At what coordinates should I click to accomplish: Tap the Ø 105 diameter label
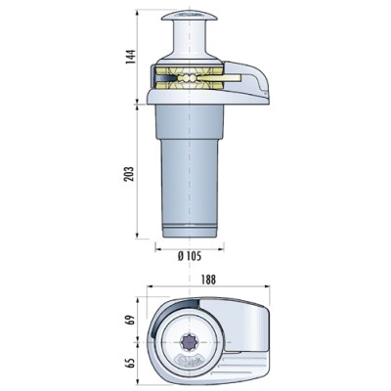coord(192,256)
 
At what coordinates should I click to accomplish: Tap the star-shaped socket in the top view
coord(193,344)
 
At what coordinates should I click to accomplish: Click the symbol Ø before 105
coord(181,256)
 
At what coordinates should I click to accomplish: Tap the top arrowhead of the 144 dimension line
coord(137,15)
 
